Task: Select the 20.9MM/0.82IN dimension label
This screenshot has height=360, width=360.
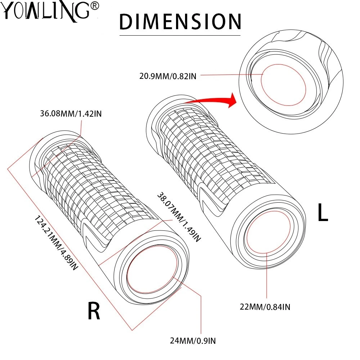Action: coord(168,76)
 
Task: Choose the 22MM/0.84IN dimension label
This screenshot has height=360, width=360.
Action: coord(266,307)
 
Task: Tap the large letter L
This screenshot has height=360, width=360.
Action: coord(323,213)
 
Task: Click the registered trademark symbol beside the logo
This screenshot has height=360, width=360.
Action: coord(95,6)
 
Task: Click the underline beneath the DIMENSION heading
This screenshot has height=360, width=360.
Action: coord(180,35)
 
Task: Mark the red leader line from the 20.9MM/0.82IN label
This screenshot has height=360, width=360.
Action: coord(230,75)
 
